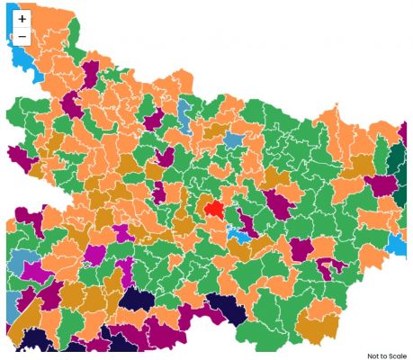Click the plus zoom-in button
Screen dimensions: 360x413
[22, 19]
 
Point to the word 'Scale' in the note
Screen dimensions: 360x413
[397, 355]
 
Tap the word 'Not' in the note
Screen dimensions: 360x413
[373, 355]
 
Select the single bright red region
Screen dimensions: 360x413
[214, 208]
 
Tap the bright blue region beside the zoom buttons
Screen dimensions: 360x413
[22, 59]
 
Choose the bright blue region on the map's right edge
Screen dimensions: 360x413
[396, 244]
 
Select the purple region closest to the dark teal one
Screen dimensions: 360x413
[381, 186]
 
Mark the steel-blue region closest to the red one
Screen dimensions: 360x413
[234, 140]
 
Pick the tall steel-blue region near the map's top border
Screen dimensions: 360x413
[184, 114]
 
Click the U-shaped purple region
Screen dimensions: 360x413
[329, 266]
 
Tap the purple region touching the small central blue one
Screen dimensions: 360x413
[247, 221]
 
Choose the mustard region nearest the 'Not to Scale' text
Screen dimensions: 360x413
[318, 329]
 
